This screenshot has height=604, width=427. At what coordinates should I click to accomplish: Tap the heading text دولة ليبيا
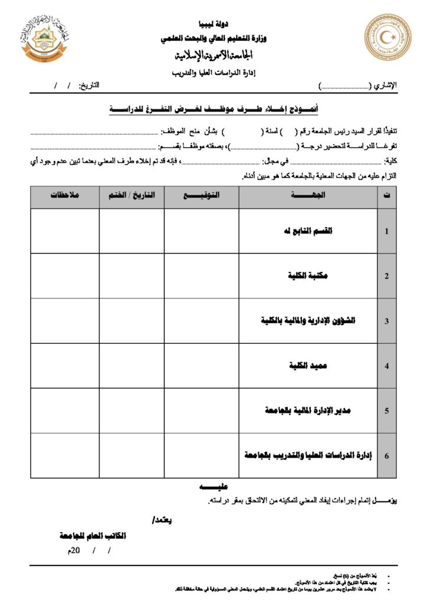click(x=213, y=25)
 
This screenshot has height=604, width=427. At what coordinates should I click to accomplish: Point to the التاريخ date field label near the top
click(x=88, y=86)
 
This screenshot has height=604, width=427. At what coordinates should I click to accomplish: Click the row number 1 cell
click(x=386, y=231)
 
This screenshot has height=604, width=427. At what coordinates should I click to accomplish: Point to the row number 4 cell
click(x=386, y=366)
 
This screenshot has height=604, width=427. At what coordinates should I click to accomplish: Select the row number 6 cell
click(x=386, y=455)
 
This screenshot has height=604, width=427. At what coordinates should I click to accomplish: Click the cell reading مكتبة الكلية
click(x=308, y=275)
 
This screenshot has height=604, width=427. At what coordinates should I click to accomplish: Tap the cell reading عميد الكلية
click(x=308, y=366)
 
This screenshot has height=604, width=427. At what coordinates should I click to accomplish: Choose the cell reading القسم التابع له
click(x=308, y=231)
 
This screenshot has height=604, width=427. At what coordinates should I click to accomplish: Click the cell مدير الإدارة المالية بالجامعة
click(x=308, y=411)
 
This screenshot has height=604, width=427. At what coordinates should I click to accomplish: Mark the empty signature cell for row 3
click(x=201, y=321)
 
